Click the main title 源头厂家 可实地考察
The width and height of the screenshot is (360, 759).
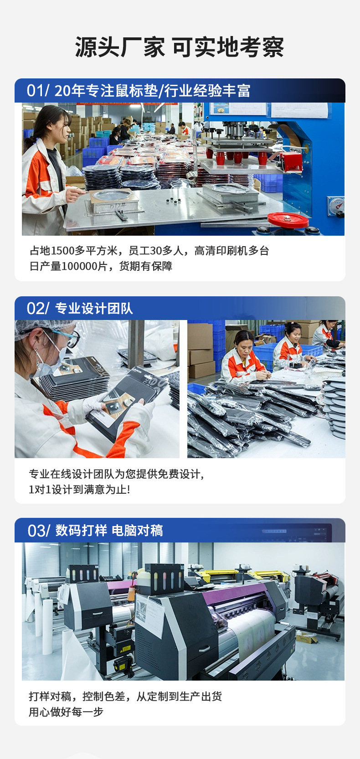(x=180, y=47)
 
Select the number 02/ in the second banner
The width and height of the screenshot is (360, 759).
(x=37, y=309)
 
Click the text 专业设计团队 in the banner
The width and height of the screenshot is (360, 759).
(x=94, y=309)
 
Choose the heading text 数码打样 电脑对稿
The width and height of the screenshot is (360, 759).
(x=109, y=531)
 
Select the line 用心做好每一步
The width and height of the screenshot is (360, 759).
(x=66, y=712)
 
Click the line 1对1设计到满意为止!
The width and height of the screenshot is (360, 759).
(x=79, y=490)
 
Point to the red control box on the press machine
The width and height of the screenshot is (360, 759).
(x=291, y=162)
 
